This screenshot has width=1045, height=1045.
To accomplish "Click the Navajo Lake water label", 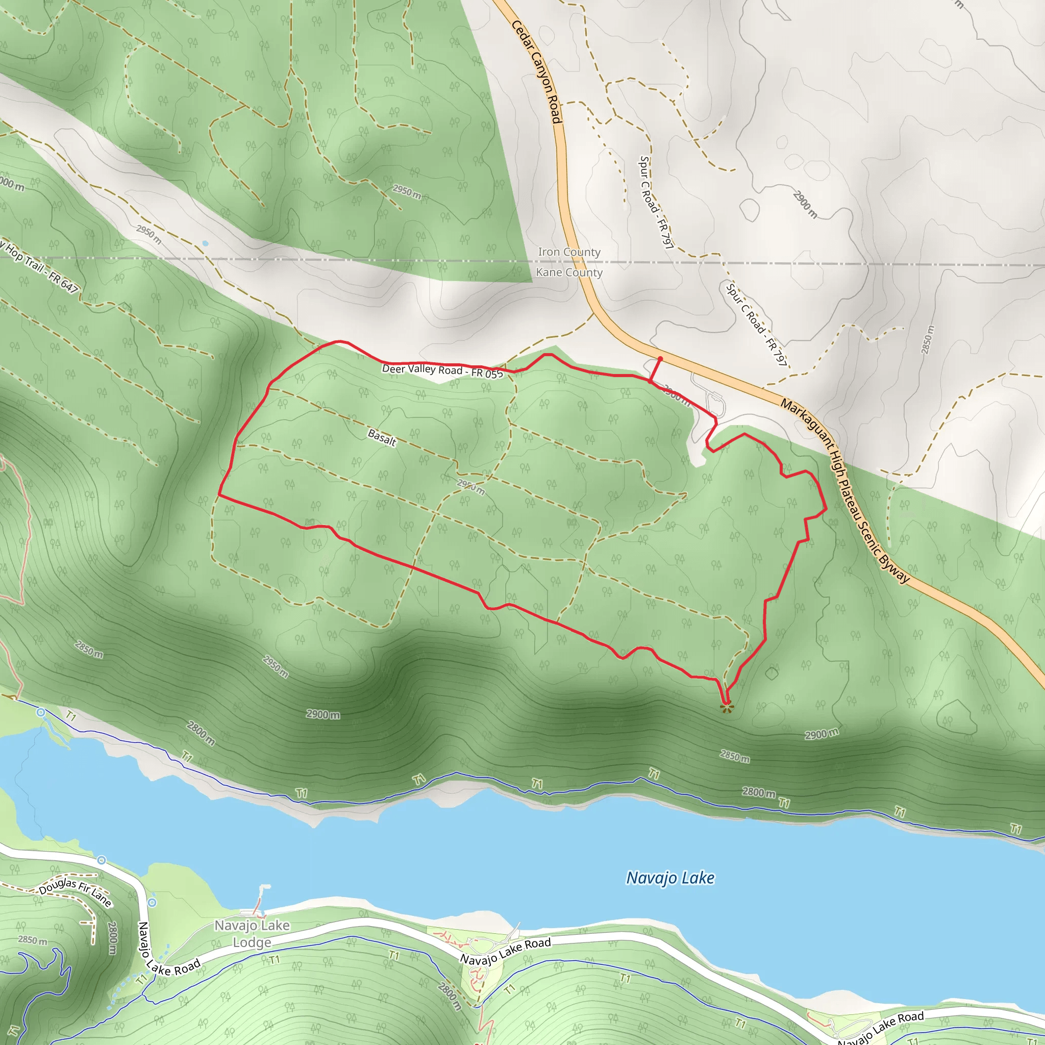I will (670, 877).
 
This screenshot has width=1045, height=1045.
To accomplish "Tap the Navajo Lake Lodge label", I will (252, 934).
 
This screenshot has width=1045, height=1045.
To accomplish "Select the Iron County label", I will (569, 252).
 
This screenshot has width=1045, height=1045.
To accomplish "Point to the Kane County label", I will (569, 272).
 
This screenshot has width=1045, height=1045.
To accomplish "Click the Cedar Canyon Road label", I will (537, 71).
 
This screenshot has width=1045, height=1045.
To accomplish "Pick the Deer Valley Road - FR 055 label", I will (442, 370).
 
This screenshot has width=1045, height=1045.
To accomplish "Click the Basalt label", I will (382, 437).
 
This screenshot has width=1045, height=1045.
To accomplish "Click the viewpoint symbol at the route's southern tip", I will (726, 707).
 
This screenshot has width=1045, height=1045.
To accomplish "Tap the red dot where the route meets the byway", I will (660, 359).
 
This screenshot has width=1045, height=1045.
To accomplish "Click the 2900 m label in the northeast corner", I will (805, 204).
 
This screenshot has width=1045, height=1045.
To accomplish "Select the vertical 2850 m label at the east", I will (928, 340).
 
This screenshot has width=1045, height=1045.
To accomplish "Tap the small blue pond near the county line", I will (205, 243).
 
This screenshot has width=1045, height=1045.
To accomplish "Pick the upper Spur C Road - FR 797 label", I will (656, 202).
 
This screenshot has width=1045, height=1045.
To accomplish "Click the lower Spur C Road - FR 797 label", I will (756, 324).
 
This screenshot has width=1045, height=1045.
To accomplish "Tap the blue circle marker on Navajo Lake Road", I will (153, 902).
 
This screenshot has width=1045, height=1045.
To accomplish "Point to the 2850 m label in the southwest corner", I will (33, 940).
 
